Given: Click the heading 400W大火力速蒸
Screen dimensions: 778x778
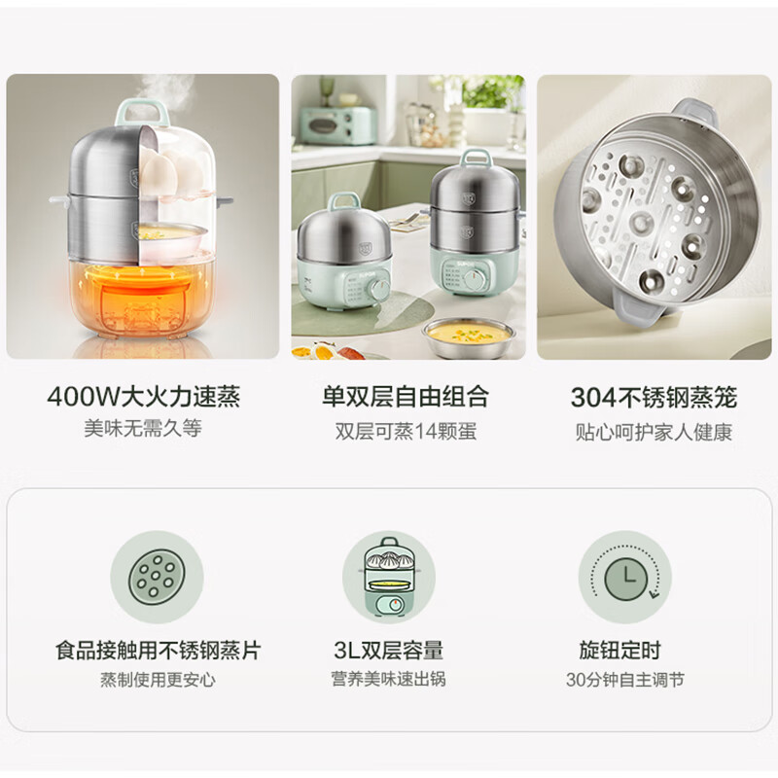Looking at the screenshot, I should click(x=143, y=397).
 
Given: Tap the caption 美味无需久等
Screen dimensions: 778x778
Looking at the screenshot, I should click(x=143, y=429).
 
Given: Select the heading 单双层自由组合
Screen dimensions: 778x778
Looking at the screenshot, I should click(x=406, y=397).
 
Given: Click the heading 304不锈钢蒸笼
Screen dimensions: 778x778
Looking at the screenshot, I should click(x=654, y=397).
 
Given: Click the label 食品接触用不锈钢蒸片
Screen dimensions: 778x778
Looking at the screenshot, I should click(x=158, y=650).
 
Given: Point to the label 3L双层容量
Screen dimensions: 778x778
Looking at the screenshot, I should click(x=388, y=650).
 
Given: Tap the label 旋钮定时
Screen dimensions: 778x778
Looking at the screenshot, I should click(x=624, y=650).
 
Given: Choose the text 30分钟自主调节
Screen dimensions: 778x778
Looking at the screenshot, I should click(x=624, y=680).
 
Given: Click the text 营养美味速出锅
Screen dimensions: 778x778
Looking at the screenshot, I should click(x=388, y=680).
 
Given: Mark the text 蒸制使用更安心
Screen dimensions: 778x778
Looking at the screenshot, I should click(x=158, y=680).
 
